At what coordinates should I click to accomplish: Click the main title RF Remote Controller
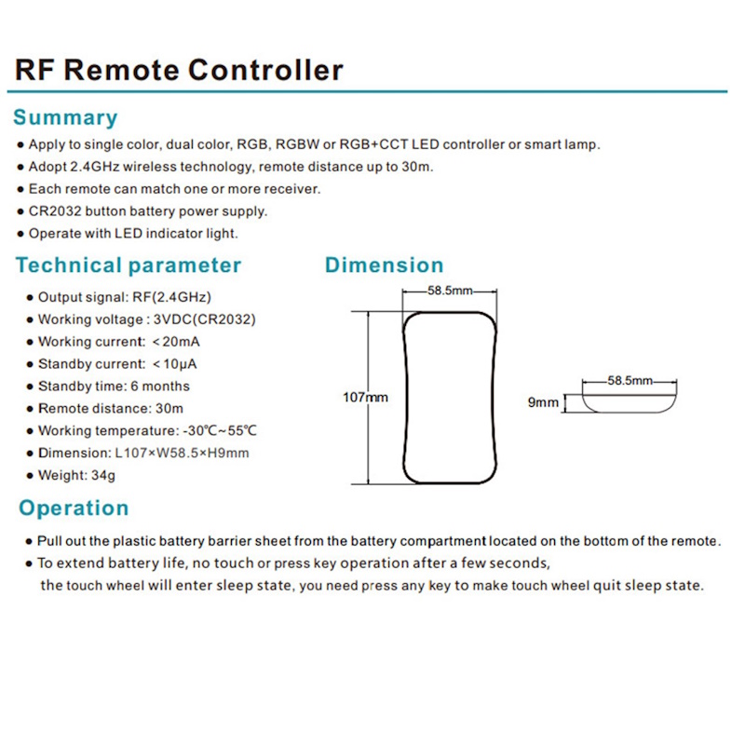pyautogui.click(x=179, y=69)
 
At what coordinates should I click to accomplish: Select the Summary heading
pyautogui.click(x=65, y=118)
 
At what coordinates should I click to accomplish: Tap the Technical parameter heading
pyautogui.click(x=129, y=265)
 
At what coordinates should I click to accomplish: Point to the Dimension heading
pyautogui.click(x=384, y=265)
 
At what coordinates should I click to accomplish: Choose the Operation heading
pyautogui.click(x=74, y=508)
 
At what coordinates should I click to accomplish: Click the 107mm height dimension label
pyautogui.click(x=366, y=398)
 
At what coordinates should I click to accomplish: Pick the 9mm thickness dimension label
pyautogui.click(x=543, y=403)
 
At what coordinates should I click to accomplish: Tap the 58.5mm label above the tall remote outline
pyautogui.click(x=452, y=291)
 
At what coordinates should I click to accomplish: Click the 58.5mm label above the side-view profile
pyautogui.click(x=630, y=381)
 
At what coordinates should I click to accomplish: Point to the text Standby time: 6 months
pyautogui.click(x=113, y=386)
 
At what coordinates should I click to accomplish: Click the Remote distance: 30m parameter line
pyautogui.click(x=110, y=409)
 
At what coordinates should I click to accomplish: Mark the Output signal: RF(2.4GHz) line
pyautogui.click(x=124, y=298)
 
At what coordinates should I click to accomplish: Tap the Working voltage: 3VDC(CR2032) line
pyautogui.click(x=146, y=320)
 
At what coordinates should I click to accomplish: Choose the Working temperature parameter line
pyautogui.click(x=146, y=431)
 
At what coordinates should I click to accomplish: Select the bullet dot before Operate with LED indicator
pyautogui.click(x=20, y=234)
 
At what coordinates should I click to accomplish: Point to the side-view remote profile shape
pyautogui.click(x=630, y=403)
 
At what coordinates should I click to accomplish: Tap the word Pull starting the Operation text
pyautogui.click(x=49, y=541)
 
